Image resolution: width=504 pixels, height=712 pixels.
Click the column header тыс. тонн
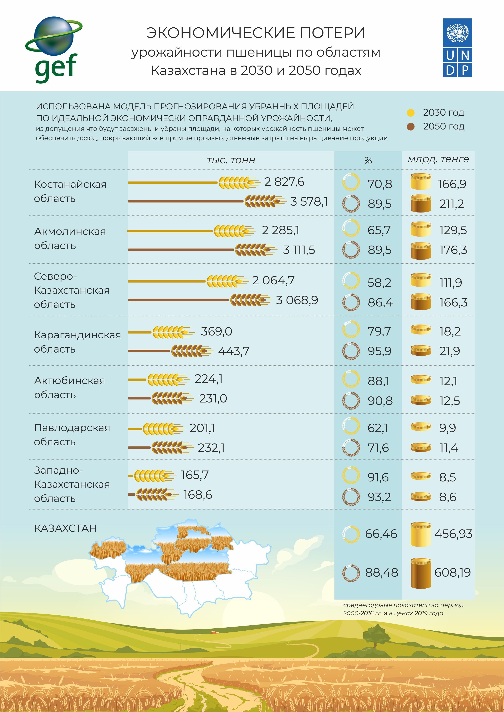click(x=231, y=160)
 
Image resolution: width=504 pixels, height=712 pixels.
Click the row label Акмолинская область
click(x=70, y=238)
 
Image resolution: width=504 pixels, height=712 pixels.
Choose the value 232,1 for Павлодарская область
click(x=211, y=448)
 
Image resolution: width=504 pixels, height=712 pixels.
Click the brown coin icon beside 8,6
click(x=421, y=497)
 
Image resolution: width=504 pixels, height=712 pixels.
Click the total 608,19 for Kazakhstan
click(x=452, y=572)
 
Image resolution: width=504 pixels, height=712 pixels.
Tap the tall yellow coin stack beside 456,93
click(x=421, y=534)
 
